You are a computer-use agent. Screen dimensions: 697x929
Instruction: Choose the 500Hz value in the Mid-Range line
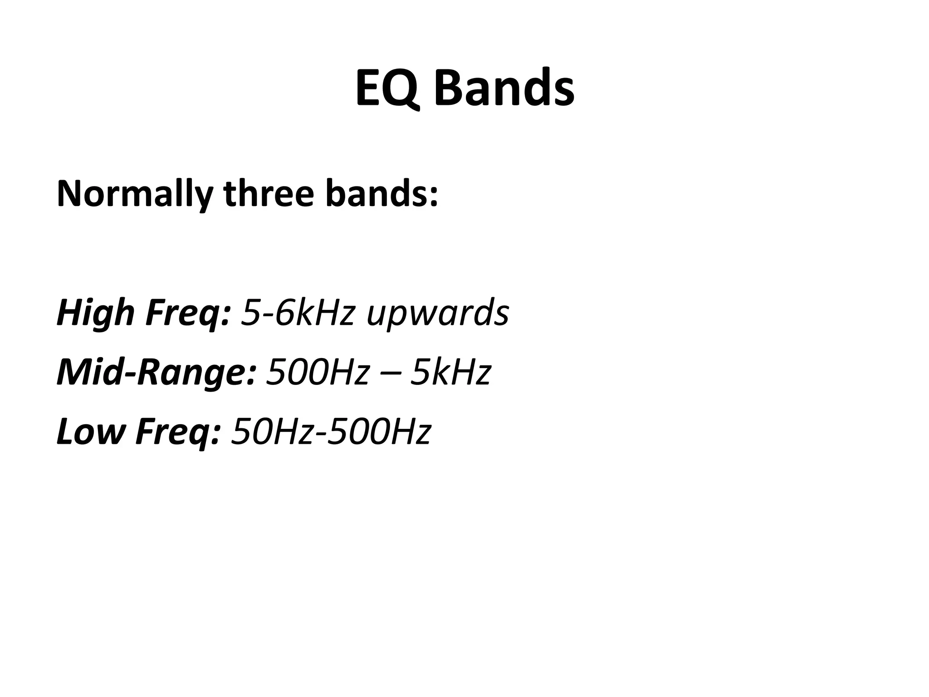click(317, 372)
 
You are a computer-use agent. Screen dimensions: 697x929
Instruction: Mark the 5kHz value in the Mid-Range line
click(450, 372)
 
